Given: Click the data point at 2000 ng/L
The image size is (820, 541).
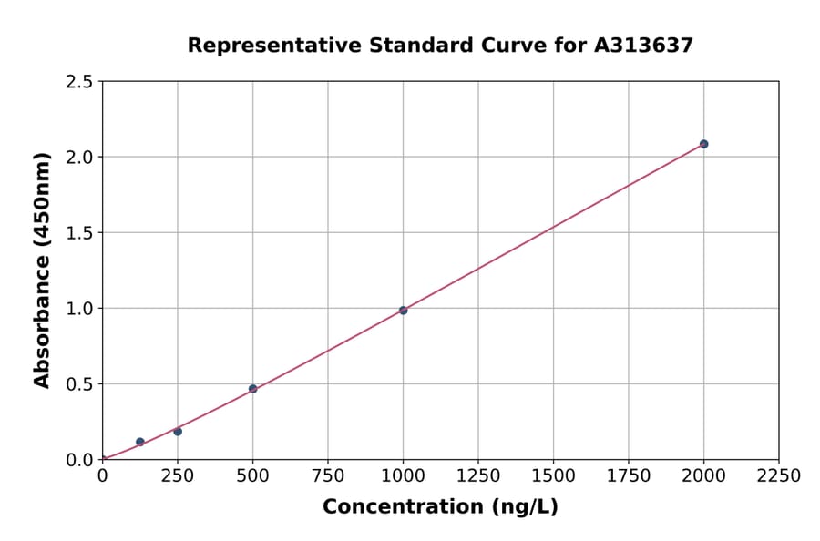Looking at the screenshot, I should tap(703, 144).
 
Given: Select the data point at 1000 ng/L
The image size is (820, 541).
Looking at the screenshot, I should tap(403, 311).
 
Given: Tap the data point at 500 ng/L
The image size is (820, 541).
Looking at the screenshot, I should tap(252, 389).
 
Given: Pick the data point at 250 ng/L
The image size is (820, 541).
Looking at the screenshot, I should tap(178, 432).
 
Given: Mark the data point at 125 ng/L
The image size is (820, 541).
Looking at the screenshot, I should tap(140, 442).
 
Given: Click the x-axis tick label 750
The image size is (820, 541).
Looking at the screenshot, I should tap(328, 476).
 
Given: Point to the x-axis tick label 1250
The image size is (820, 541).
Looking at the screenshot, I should tap(478, 476).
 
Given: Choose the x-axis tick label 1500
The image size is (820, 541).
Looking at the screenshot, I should tap(553, 476).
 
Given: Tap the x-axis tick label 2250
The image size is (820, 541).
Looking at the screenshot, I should tap(779, 476).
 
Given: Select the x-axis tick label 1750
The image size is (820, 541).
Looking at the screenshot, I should tap(629, 476).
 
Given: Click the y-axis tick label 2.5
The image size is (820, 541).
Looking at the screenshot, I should tap(79, 82).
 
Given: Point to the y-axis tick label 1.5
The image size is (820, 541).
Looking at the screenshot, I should tap(79, 233).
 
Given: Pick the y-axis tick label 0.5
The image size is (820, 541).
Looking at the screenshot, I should tap(79, 384).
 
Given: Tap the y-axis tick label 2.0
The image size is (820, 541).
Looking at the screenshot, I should tap(79, 158).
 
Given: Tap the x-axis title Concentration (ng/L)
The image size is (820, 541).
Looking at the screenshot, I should tap(440, 507).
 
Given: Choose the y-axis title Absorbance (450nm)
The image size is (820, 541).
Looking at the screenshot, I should tap(42, 270).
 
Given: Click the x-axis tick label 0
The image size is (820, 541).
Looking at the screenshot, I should tap(102, 476).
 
